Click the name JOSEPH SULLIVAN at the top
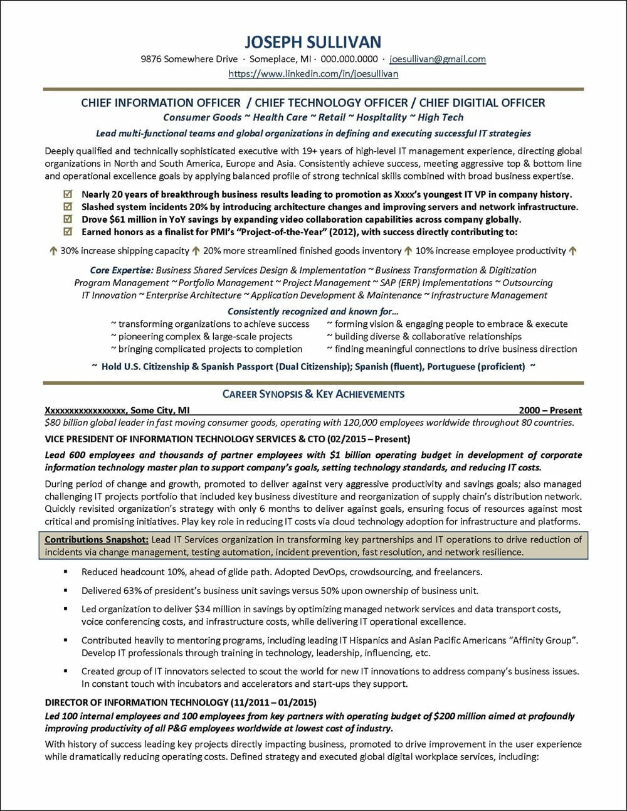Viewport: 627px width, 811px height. coord(313,42)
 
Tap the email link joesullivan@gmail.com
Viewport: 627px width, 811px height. coord(438,59)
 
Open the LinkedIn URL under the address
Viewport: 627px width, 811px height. coord(313,73)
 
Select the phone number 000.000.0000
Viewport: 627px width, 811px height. coord(349,59)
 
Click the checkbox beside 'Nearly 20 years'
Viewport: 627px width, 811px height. coord(68,194)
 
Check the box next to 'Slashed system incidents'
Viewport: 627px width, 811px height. coord(68,207)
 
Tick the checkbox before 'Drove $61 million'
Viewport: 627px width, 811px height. coord(68,220)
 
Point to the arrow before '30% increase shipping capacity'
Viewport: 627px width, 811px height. coord(53,251)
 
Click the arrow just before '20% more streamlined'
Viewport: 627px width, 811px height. coord(196,251)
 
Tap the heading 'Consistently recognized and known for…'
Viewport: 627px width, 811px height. coord(313,311)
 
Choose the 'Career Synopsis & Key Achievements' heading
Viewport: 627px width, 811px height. coord(313,394)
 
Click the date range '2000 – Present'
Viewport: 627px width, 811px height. coord(550,411)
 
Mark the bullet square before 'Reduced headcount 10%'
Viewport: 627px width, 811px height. coord(65,572)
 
